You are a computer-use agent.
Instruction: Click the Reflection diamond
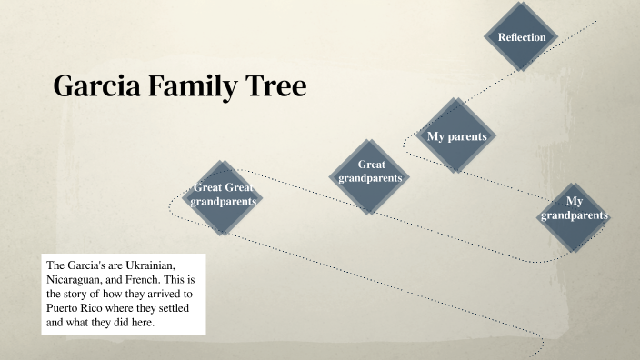522,37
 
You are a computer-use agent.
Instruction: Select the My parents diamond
456,135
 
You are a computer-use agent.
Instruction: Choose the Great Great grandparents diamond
223,195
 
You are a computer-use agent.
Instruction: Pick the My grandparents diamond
574,215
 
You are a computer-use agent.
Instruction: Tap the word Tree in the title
277,86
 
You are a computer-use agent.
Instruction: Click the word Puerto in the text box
65,308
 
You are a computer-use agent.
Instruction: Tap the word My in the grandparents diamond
574,201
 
